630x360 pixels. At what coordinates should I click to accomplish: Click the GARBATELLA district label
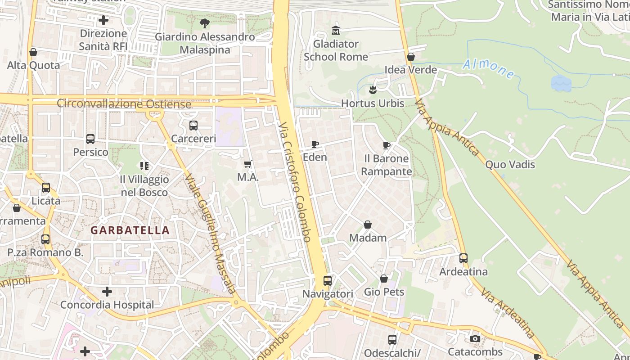pos(130,230)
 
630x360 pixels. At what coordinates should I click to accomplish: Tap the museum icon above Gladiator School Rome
pos(336,31)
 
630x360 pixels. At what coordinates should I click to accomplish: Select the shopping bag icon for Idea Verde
pos(410,57)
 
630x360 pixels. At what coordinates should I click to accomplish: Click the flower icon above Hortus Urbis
pos(373,90)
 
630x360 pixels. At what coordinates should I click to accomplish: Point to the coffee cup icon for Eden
pos(315,144)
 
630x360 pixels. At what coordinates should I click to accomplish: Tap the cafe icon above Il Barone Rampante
pos(386,145)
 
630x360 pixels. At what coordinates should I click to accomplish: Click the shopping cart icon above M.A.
pos(247,164)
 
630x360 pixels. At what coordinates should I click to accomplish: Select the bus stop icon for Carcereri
pos(193,126)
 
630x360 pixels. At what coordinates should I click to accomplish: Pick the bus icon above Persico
pos(90,139)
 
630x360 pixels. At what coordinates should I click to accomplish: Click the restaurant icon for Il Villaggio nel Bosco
pos(144,166)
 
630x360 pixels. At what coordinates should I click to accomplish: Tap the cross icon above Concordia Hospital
pos(107,292)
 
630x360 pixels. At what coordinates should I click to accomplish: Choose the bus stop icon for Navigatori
pos(328,281)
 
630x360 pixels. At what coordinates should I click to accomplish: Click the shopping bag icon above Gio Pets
pos(384,279)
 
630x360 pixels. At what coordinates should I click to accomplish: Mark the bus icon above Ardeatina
pos(463,258)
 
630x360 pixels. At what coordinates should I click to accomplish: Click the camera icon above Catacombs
pos(475,338)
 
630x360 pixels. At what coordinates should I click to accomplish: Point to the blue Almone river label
pos(488,69)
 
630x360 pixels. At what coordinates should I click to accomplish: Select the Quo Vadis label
pos(510,165)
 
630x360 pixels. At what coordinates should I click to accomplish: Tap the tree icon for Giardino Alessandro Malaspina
pos(205,23)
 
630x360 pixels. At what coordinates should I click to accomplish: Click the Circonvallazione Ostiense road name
pos(124,103)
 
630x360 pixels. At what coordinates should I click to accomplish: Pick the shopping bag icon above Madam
pos(368,225)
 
